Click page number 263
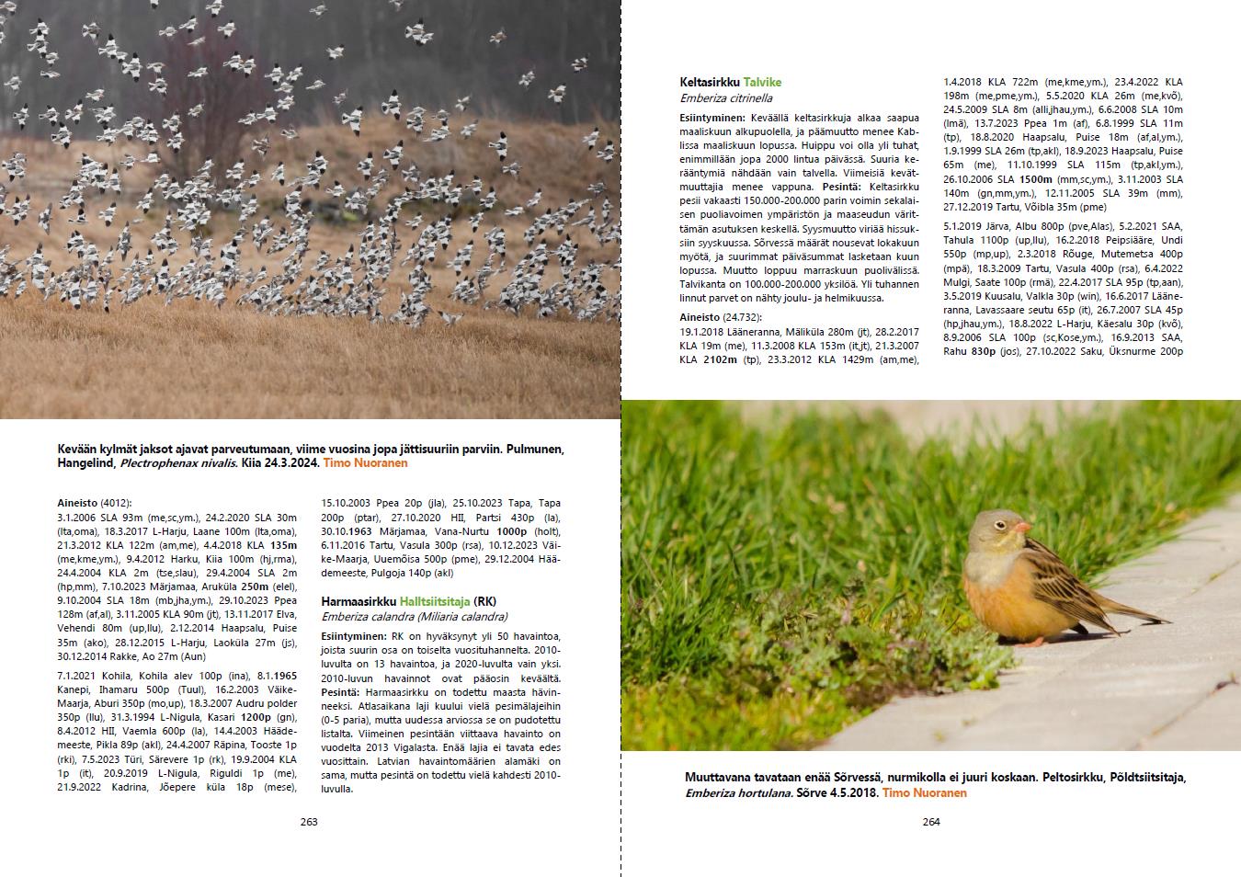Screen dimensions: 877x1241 click(x=309, y=822)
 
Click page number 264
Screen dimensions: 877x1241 click(x=931, y=822)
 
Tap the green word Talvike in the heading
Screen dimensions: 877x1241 click(x=762, y=82)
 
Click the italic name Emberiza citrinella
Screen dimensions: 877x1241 click(x=726, y=98)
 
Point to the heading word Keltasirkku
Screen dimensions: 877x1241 click(x=710, y=82)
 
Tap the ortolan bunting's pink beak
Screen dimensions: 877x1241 click(x=1023, y=528)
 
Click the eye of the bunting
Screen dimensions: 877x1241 click(x=1002, y=524)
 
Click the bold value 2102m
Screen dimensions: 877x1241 click(x=719, y=359)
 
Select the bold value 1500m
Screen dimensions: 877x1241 click(x=1036, y=179)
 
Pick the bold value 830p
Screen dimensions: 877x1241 click(x=984, y=351)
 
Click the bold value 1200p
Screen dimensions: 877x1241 click(x=256, y=717)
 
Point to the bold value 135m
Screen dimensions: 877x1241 click(x=283, y=544)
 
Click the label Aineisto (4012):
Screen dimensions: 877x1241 click(x=95, y=503)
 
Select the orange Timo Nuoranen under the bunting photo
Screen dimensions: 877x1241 click(x=924, y=792)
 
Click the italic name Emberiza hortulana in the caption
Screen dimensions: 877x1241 click(x=738, y=792)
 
